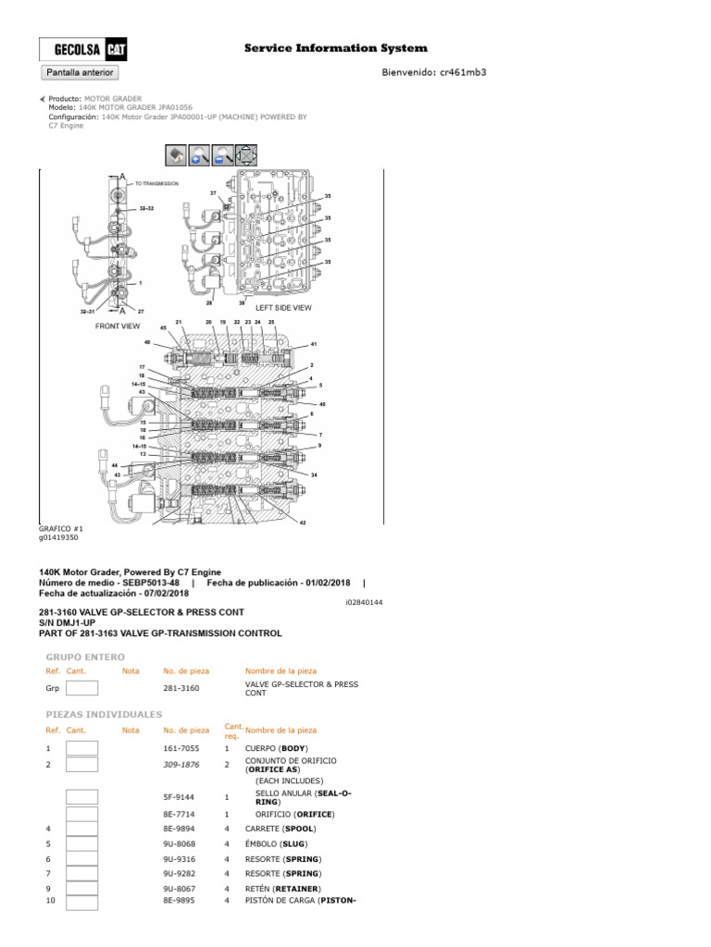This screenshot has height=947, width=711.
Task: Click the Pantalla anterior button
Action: [x=79, y=72]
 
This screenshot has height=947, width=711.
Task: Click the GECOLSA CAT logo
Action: [x=83, y=50]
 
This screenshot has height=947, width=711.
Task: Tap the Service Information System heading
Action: [x=335, y=48]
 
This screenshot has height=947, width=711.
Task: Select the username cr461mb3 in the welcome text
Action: [x=460, y=72]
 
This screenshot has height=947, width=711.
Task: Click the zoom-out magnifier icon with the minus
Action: [x=223, y=155]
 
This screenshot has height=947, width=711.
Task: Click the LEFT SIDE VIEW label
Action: [x=283, y=308]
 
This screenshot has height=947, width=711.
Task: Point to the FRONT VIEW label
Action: [x=118, y=326]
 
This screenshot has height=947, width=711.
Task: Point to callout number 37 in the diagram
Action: [x=213, y=193]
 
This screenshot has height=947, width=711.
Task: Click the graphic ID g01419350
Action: [x=58, y=537]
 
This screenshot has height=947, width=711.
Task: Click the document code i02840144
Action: [x=363, y=602]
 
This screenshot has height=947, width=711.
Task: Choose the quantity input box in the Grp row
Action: [x=81, y=688]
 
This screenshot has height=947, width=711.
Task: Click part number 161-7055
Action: [x=181, y=747]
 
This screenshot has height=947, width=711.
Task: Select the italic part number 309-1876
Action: [x=181, y=765]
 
